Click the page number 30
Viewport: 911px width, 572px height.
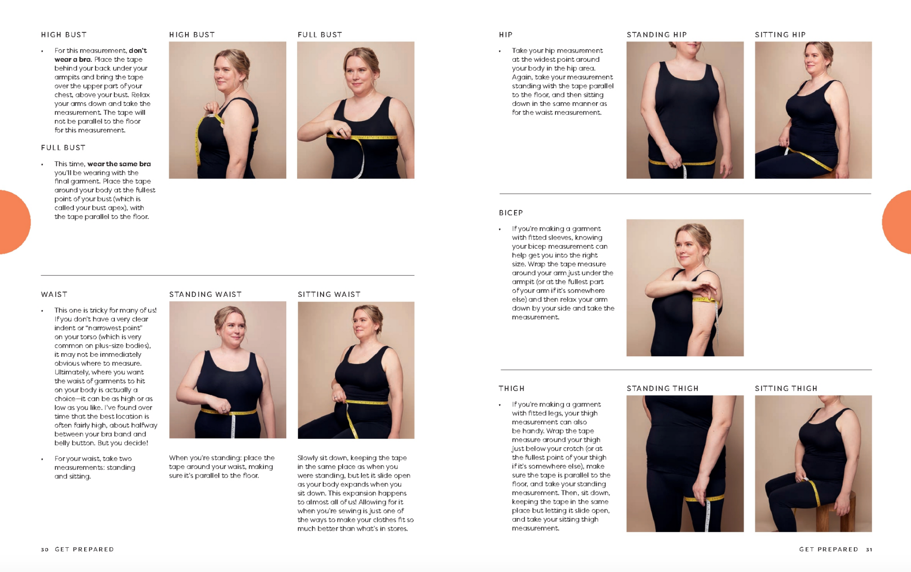(45, 549)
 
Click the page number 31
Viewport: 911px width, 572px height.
(869, 549)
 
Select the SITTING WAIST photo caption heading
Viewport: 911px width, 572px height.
(329, 295)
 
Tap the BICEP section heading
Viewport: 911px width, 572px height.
(511, 213)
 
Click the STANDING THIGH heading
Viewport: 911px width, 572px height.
(663, 388)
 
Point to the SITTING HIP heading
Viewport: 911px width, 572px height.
(780, 35)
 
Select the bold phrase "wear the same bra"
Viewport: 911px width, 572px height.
(119, 164)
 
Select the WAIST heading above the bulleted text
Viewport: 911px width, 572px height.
(54, 295)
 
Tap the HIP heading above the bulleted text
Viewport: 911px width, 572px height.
(505, 35)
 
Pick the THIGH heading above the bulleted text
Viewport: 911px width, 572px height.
(511, 388)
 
